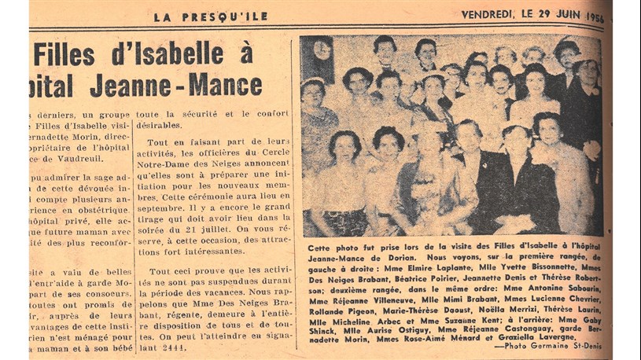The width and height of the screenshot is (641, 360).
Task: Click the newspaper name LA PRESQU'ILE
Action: pos(210,16)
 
